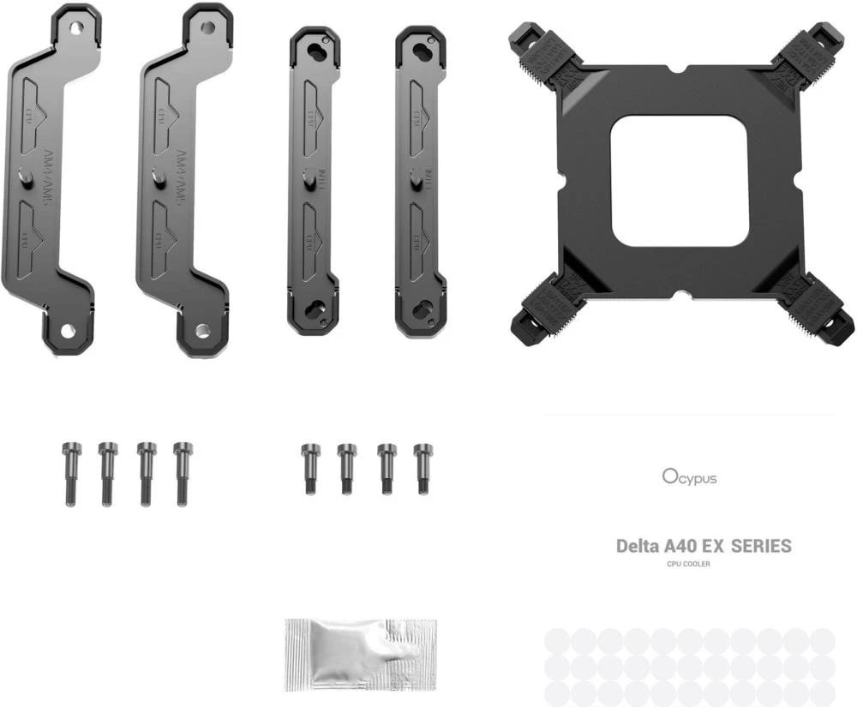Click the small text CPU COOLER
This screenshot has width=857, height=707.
688,564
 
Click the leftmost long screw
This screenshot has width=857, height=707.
70,473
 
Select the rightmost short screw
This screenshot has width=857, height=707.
423,469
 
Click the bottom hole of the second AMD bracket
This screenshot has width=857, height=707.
202,331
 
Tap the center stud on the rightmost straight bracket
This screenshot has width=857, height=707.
416,180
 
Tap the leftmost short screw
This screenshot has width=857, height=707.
311,469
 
